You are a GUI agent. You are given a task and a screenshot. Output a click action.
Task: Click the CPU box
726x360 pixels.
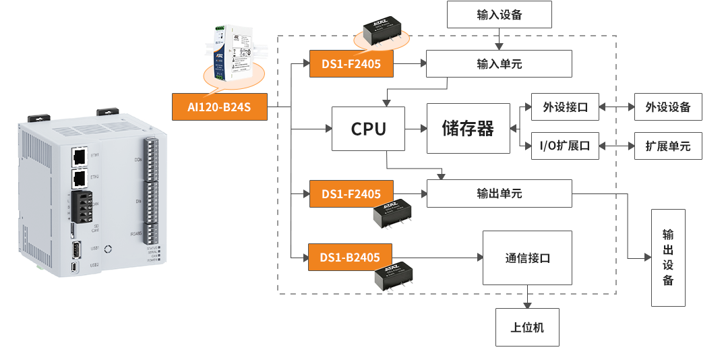tap(368, 128)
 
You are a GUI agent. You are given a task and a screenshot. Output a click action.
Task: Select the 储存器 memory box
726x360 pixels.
tap(468, 128)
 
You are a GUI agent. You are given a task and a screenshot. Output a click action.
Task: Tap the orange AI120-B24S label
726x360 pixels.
tap(220, 107)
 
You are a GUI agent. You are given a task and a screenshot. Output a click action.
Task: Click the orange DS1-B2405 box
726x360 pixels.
tap(350, 257)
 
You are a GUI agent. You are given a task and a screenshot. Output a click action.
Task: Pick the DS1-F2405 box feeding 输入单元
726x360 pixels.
tap(351, 64)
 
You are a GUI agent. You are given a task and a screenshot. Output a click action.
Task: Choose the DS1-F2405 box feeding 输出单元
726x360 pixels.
tap(351, 193)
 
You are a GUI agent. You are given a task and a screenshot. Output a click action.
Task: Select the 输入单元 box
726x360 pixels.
tap(499, 64)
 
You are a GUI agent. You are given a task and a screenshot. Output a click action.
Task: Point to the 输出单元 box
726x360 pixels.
tap(499, 193)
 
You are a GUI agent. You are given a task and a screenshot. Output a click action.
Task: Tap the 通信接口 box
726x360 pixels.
tap(527, 258)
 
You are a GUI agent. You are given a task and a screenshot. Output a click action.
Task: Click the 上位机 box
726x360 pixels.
tap(527, 328)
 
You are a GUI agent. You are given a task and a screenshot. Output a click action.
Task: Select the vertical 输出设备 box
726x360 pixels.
tap(667, 258)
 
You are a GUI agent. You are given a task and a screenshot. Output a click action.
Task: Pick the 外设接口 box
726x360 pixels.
tap(565, 107)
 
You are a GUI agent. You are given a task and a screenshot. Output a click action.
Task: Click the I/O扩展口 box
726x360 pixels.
tap(565, 146)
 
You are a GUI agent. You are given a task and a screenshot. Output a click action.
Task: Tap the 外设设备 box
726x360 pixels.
tap(667, 107)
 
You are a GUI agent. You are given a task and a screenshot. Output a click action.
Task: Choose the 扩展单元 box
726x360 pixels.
tap(667, 146)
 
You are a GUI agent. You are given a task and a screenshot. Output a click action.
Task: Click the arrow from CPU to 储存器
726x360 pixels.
tap(415, 128)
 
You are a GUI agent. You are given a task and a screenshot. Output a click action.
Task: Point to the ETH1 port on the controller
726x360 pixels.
tap(80, 156)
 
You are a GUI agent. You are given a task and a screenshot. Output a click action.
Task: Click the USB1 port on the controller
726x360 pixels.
tap(76, 250)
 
